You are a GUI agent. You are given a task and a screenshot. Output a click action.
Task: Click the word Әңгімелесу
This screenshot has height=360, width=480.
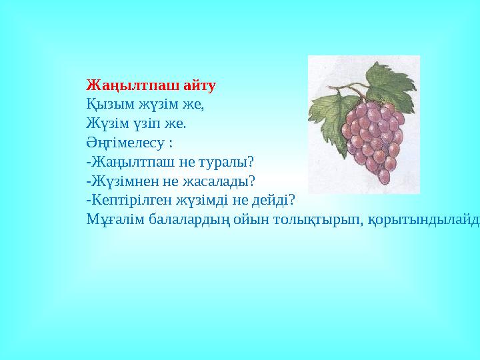124,143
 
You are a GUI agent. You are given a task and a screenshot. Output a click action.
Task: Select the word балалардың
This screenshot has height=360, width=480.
183,219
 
